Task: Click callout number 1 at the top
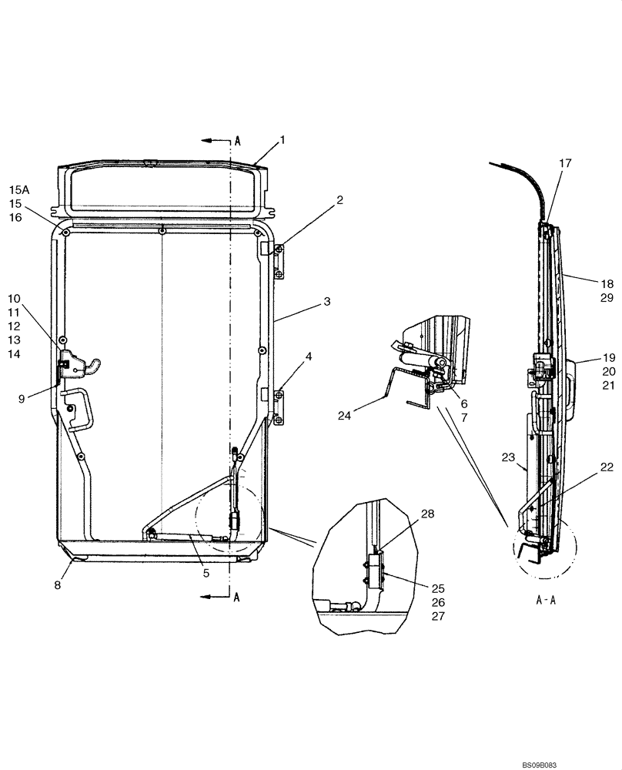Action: [x=283, y=140]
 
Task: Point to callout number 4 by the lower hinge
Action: [x=308, y=357]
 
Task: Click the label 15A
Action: [x=18, y=189]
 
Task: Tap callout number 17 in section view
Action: [x=566, y=163]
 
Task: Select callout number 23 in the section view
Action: [x=508, y=457]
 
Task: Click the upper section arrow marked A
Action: [x=217, y=141]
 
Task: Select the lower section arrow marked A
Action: [x=217, y=597]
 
